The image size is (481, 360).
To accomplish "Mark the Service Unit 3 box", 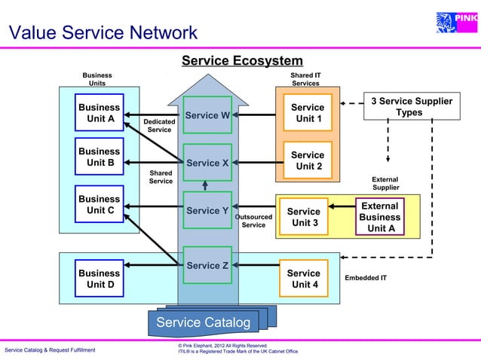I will click(304, 217).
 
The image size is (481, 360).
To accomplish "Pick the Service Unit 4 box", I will click(304, 279).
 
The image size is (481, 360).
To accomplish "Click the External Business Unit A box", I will click(380, 217).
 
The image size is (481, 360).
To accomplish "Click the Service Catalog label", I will click(203, 322).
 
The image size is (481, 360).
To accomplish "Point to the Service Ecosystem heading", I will click(242, 61).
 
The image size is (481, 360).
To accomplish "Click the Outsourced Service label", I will click(253, 221).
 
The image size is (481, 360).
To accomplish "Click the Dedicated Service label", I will click(159, 125).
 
